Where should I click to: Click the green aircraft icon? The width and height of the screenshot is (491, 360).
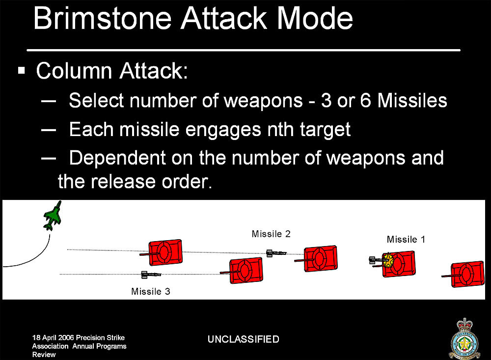tap(53, 216)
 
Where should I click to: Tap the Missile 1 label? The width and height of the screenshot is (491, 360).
tap(406, 239)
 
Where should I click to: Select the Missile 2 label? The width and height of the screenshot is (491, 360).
tap(271, 234)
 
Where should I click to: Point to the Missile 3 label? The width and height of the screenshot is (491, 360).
tap(150, 291)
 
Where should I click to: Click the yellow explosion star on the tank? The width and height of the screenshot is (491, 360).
tap(388, 260)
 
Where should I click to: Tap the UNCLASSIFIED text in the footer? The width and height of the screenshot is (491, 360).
tap(244, 339)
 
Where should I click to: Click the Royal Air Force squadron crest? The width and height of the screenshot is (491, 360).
tap(464, 339)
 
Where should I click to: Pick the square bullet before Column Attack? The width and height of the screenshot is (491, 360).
tap(22, 70)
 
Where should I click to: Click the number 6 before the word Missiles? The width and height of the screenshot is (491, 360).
tap(365, 101)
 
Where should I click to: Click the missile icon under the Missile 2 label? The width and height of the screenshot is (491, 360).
tap(276, 253)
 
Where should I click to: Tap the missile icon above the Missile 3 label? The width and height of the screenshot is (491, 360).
tap(151, 275)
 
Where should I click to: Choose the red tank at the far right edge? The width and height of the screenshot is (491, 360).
tap(464, 274)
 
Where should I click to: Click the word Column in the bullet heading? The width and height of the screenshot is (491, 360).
tap(74, 71)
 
